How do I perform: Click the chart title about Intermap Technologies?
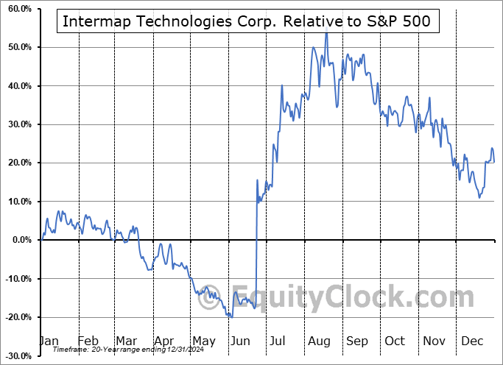(x=246, y=21)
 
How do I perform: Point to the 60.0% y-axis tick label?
(x=17, y=9)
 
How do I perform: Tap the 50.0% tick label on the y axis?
(x=17, y=47)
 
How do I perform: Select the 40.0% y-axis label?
(x=17, y=86)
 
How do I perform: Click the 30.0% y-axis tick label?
(x=17, y=124)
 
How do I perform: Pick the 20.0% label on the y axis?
(x=17, y=163)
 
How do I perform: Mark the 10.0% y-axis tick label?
(x=17, y=202)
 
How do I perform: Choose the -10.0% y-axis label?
(x=15, y=279)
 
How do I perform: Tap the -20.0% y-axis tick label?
(x=15, y=317)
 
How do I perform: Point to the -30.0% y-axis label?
(x=15, y=356)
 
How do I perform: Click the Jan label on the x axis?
(x=49, y=341)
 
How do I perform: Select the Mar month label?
(x=126, y=341)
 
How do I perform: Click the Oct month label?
(x=395, y=341)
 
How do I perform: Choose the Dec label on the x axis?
(x=471, y=341)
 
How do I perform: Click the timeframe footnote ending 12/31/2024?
(x=121, y=351)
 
